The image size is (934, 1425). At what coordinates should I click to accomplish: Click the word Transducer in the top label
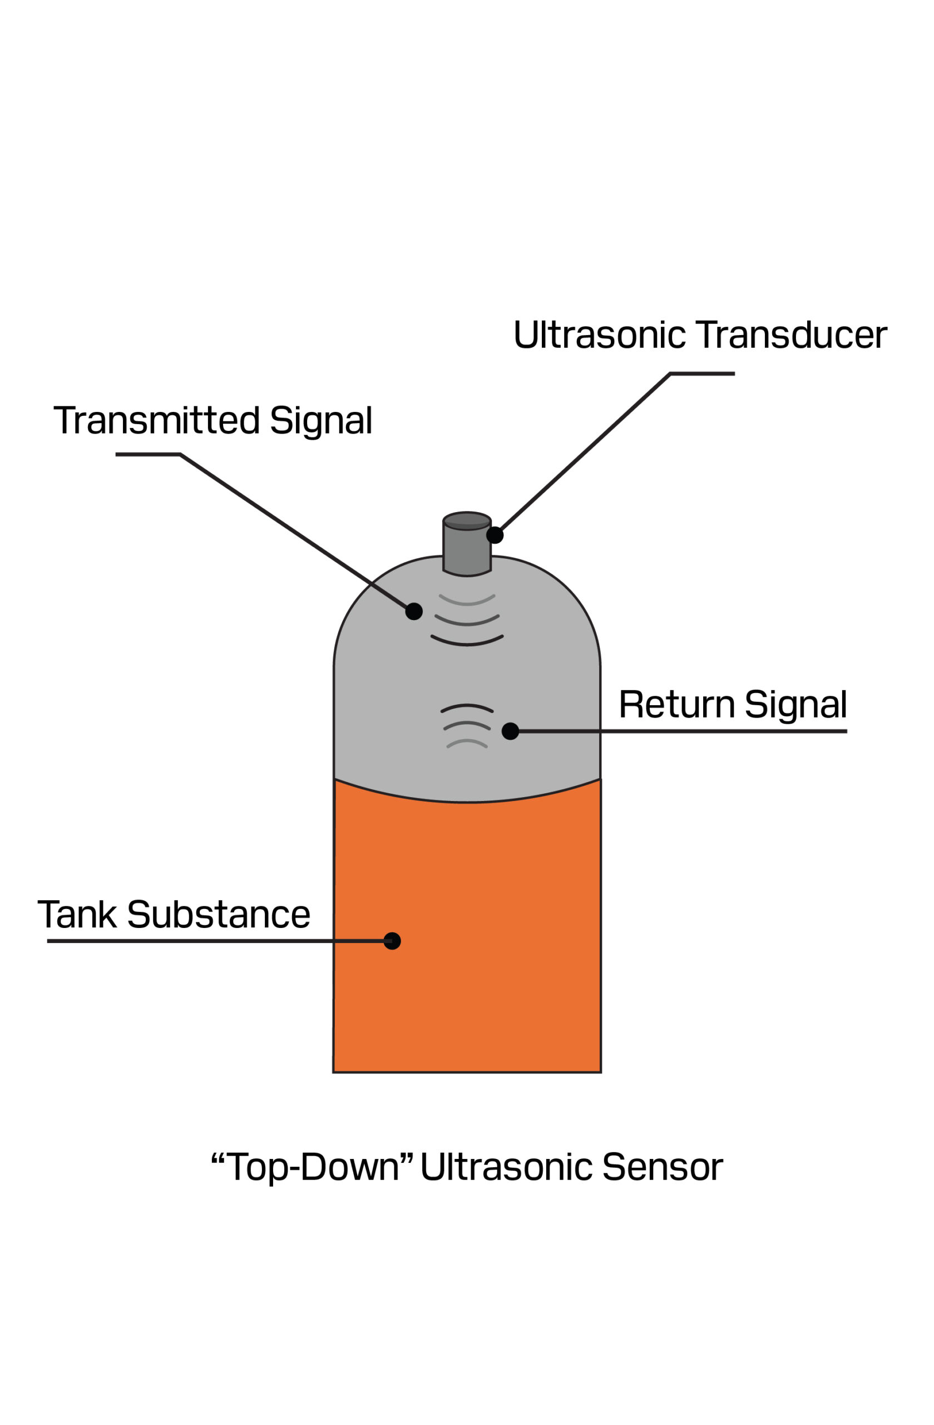click(x=791, y=335)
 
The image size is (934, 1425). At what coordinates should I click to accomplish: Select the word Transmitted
click(x=157, y=420)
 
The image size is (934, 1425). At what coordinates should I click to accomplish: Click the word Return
click(x=676, y=704)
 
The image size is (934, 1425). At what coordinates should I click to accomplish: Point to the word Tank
click(x=77, y=914)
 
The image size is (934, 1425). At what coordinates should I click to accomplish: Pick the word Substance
click(x=219, y=914)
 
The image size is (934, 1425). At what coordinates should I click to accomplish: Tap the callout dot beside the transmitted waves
click(x=413, y=611)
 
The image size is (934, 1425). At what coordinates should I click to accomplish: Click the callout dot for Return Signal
click(x=510, y=731)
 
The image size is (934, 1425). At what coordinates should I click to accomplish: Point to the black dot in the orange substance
click(x=392, y=941)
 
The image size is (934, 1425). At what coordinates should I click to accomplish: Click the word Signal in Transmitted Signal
click(x=322, y=421)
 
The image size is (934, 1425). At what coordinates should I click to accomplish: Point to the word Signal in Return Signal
click(x=796, y=705)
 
